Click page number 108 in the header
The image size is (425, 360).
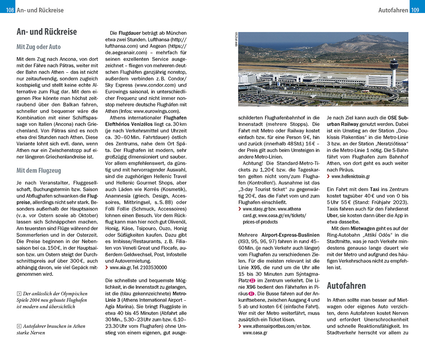click(10, 10)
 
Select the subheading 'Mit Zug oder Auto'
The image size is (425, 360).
click(39, 47)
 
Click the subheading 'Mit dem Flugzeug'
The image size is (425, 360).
click(39, 171)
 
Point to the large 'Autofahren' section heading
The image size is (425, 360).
click(346, 285)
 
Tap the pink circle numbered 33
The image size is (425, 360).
click(252, 280)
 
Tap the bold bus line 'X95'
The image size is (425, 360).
click(255, 267)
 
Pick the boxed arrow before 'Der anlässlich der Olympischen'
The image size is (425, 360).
click(19, 294)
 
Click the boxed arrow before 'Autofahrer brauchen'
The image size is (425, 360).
click(19, 326)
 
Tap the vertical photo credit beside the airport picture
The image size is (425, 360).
click(236, 39)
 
